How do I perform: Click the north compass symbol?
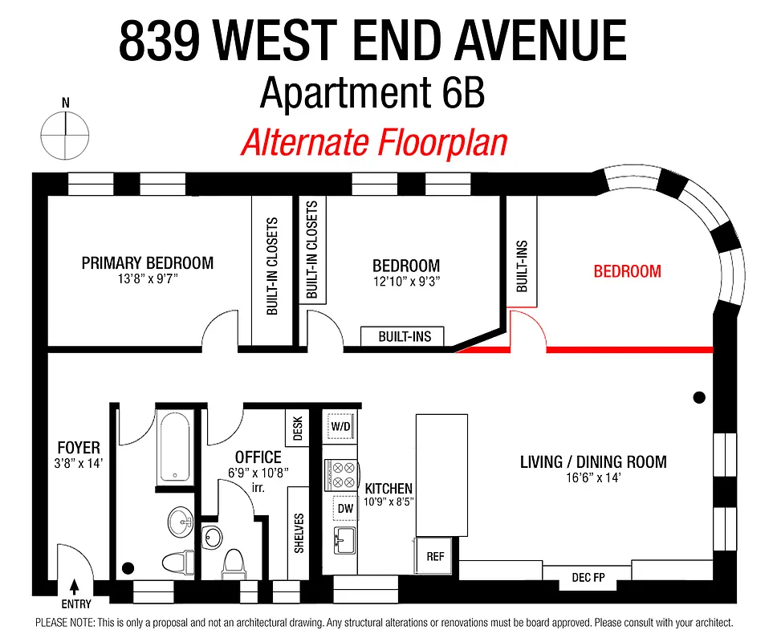[65, 135]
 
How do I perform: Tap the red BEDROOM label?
[627, 271]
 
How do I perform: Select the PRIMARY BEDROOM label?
[148, 263]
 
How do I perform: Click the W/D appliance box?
[341, 426]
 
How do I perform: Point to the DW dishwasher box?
[345, 508]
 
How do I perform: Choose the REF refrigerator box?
[435, 556]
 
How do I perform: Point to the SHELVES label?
[299, 532]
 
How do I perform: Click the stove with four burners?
[340, 474]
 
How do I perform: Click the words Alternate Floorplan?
[374, 143]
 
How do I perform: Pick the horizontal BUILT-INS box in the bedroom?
[404, 337]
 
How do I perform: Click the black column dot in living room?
[699, 397]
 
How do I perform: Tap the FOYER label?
[79, 448]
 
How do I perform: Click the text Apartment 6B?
[372, 95]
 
